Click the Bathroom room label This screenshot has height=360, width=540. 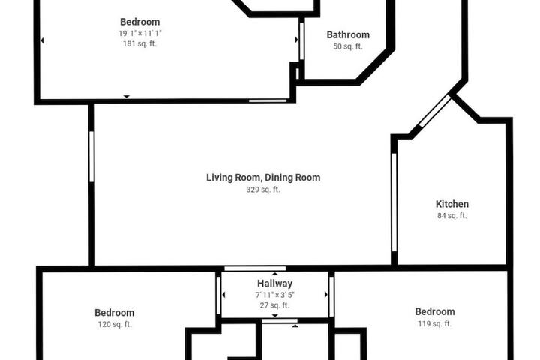click(x=348, y=34)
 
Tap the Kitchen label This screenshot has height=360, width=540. click(x=451, y=204)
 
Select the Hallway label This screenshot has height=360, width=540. click(x=274, y=283)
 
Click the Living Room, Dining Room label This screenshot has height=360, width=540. click(x=263, y=178)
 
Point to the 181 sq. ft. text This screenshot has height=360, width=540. click(x=139, y=43)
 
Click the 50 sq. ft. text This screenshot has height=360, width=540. click(x=348, y=46)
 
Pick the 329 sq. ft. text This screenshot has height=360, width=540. click(x=263, y=190)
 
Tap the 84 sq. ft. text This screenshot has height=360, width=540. click(x=451, y=216)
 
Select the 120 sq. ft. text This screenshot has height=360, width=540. click(x=115, y=324)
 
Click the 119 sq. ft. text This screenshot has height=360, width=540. click(x=434, y=323)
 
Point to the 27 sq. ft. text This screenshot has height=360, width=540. click(x=274, y=305)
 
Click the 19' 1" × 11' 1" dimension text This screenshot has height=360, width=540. click(x=139, y=34)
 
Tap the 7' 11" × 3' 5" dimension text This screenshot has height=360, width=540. click(x=274, y=295)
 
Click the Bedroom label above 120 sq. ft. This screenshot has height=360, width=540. click(x=115, y=313)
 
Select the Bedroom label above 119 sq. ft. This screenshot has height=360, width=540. click(x=434, y=312)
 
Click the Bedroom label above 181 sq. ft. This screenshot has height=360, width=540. click(x=139, y=22)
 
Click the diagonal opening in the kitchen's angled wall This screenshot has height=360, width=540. click(x=434, y=111)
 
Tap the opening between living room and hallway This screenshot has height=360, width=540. click(x=255, y=268)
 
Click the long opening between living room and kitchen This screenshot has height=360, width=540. click(x=394, y=202)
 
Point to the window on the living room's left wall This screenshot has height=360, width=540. click(x=91, y=157)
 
